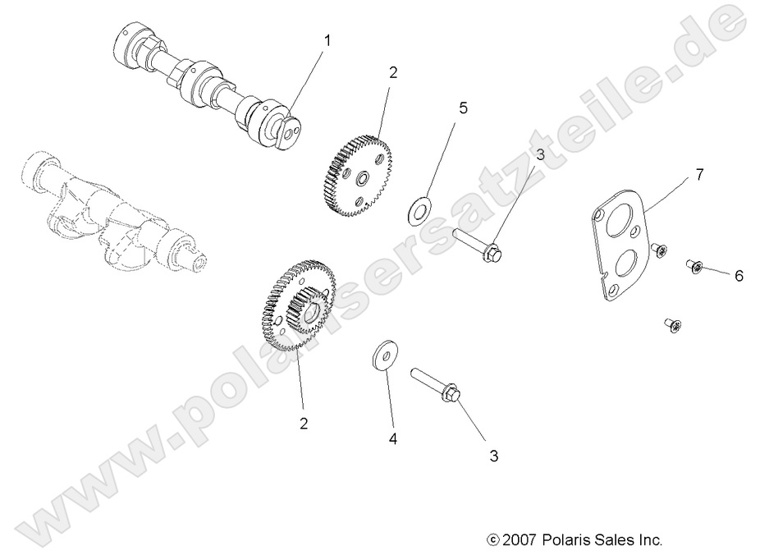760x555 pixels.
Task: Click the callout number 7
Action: (699, 174)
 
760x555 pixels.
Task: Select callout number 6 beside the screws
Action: (739, 276)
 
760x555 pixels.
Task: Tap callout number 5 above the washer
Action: (463, 108)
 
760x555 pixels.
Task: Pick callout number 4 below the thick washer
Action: (393, 439)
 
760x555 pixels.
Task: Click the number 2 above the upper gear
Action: (393, 72)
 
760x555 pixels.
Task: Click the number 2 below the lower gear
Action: (304, 424)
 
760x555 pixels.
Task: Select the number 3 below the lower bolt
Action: (494, 455)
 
